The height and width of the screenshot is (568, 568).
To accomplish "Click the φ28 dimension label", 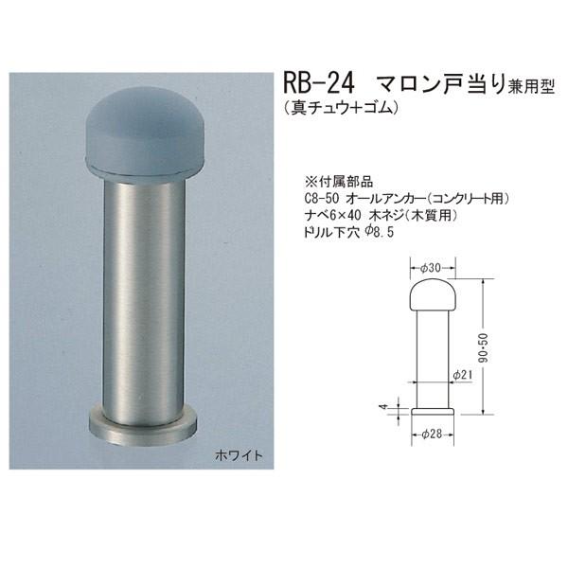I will point(432,435).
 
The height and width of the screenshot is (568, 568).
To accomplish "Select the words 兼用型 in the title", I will point(528,84).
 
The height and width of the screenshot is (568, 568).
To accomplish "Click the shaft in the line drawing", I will point(432,360).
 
